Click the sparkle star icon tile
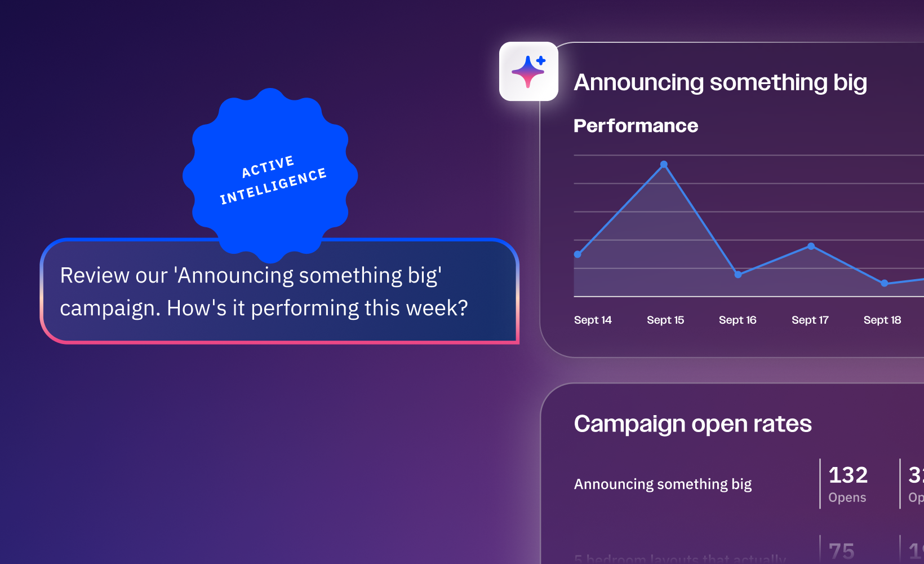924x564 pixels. [x=528, y=72]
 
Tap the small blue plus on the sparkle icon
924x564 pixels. [x=541, y=60]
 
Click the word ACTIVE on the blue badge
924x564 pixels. [x=268, y=166]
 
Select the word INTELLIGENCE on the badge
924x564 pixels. [x=273, y=186]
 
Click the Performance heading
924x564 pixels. [x=636, y=126]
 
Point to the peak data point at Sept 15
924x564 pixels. [x=664, y=165]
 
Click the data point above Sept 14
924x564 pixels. [x=577, y=254]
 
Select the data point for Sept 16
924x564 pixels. [x=738, y=275]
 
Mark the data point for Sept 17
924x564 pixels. [x=811, y=246]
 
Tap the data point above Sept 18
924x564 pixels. [x=884, y=283]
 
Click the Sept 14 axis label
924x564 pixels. [x=593, y=320]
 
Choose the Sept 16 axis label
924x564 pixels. [x=738, y=320]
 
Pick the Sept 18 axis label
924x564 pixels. [x=882, y=320]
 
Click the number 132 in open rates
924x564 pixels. [x=848, y=475]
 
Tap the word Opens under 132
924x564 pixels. [x=847, y=497]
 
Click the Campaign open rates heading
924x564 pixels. [x=692, y=424]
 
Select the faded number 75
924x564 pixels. [x=841, y=551]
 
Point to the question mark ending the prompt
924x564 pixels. [x=463, y=308]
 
